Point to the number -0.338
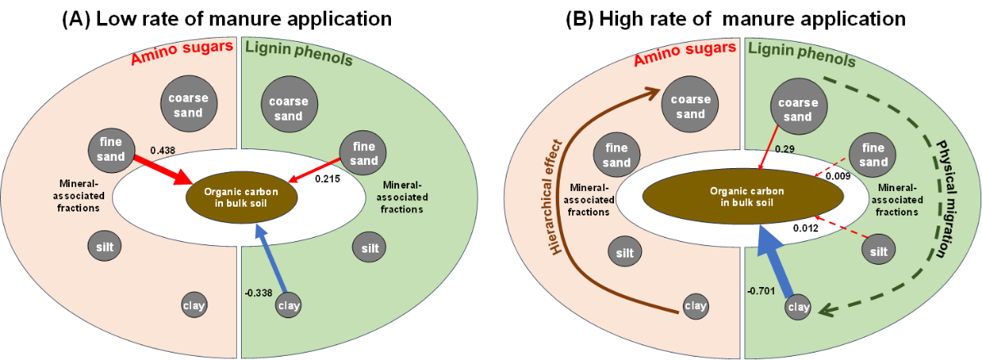pyautogui.click(x=258, y=291)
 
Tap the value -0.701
pyautogui.click(x=761, y=290)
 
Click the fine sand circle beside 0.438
pyautogui.click(x=111, y=149)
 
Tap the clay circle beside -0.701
pyautogui.click(x=798, y=308)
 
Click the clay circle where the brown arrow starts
pyautogui.click(x=695, y=307)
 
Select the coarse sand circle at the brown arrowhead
pyautogui.click(x=689, y=106)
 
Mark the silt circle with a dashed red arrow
pyautogui.click(x=878, y=250)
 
